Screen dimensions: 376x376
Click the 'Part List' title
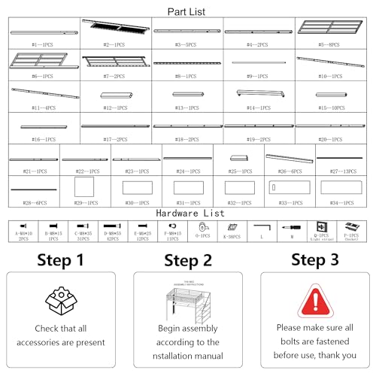tap(188, 11)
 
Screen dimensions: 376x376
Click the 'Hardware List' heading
tap(188, 213)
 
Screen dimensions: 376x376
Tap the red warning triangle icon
tap(314, 302)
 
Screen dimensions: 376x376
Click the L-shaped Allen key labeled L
tap(260, 226)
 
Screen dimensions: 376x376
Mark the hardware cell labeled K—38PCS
tap(232, 229)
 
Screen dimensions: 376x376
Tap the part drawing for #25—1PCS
tap(239, 159)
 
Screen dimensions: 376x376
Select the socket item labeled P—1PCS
tap(351, 226)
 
